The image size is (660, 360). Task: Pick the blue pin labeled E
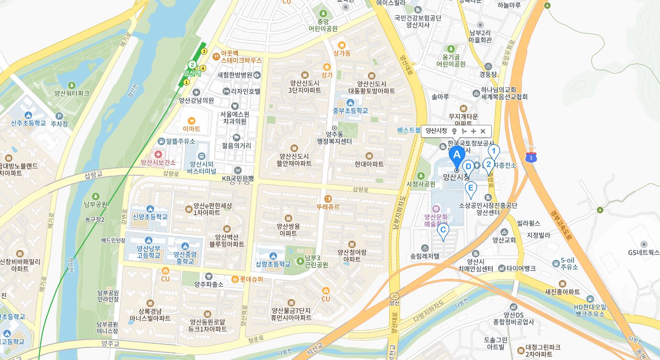pyautogui.click(x=471, y=188)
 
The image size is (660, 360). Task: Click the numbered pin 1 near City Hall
pyautogui.click(x=494, y=151)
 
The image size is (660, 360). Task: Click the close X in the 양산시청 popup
pyautogui.click(x=483, y=131)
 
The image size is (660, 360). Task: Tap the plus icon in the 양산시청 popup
pyautogui.click(x=473, y=131)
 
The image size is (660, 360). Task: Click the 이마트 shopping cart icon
pyautogui.click(x=192, y=121)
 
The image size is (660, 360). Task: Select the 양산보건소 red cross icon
pyautogui.click(x=158, y=154)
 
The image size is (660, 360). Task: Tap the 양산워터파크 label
pyautogui.click(x=72, y=93)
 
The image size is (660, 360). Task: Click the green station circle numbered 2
pyautogui.click(x=192, y=65)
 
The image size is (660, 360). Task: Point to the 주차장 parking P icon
pyautogui.click(x=59, y=116)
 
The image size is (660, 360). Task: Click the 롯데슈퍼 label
pyautogui.click(x=251, y=279)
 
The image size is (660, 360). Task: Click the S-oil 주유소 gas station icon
pyautogui.click(x=556, y=264)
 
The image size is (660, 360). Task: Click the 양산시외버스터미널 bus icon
pyautogui.click(x=201, y=156)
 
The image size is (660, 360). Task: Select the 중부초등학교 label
pyautogui.click(x=350, y=110)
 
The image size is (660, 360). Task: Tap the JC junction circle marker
pyautogui.click(x=394, y=296)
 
